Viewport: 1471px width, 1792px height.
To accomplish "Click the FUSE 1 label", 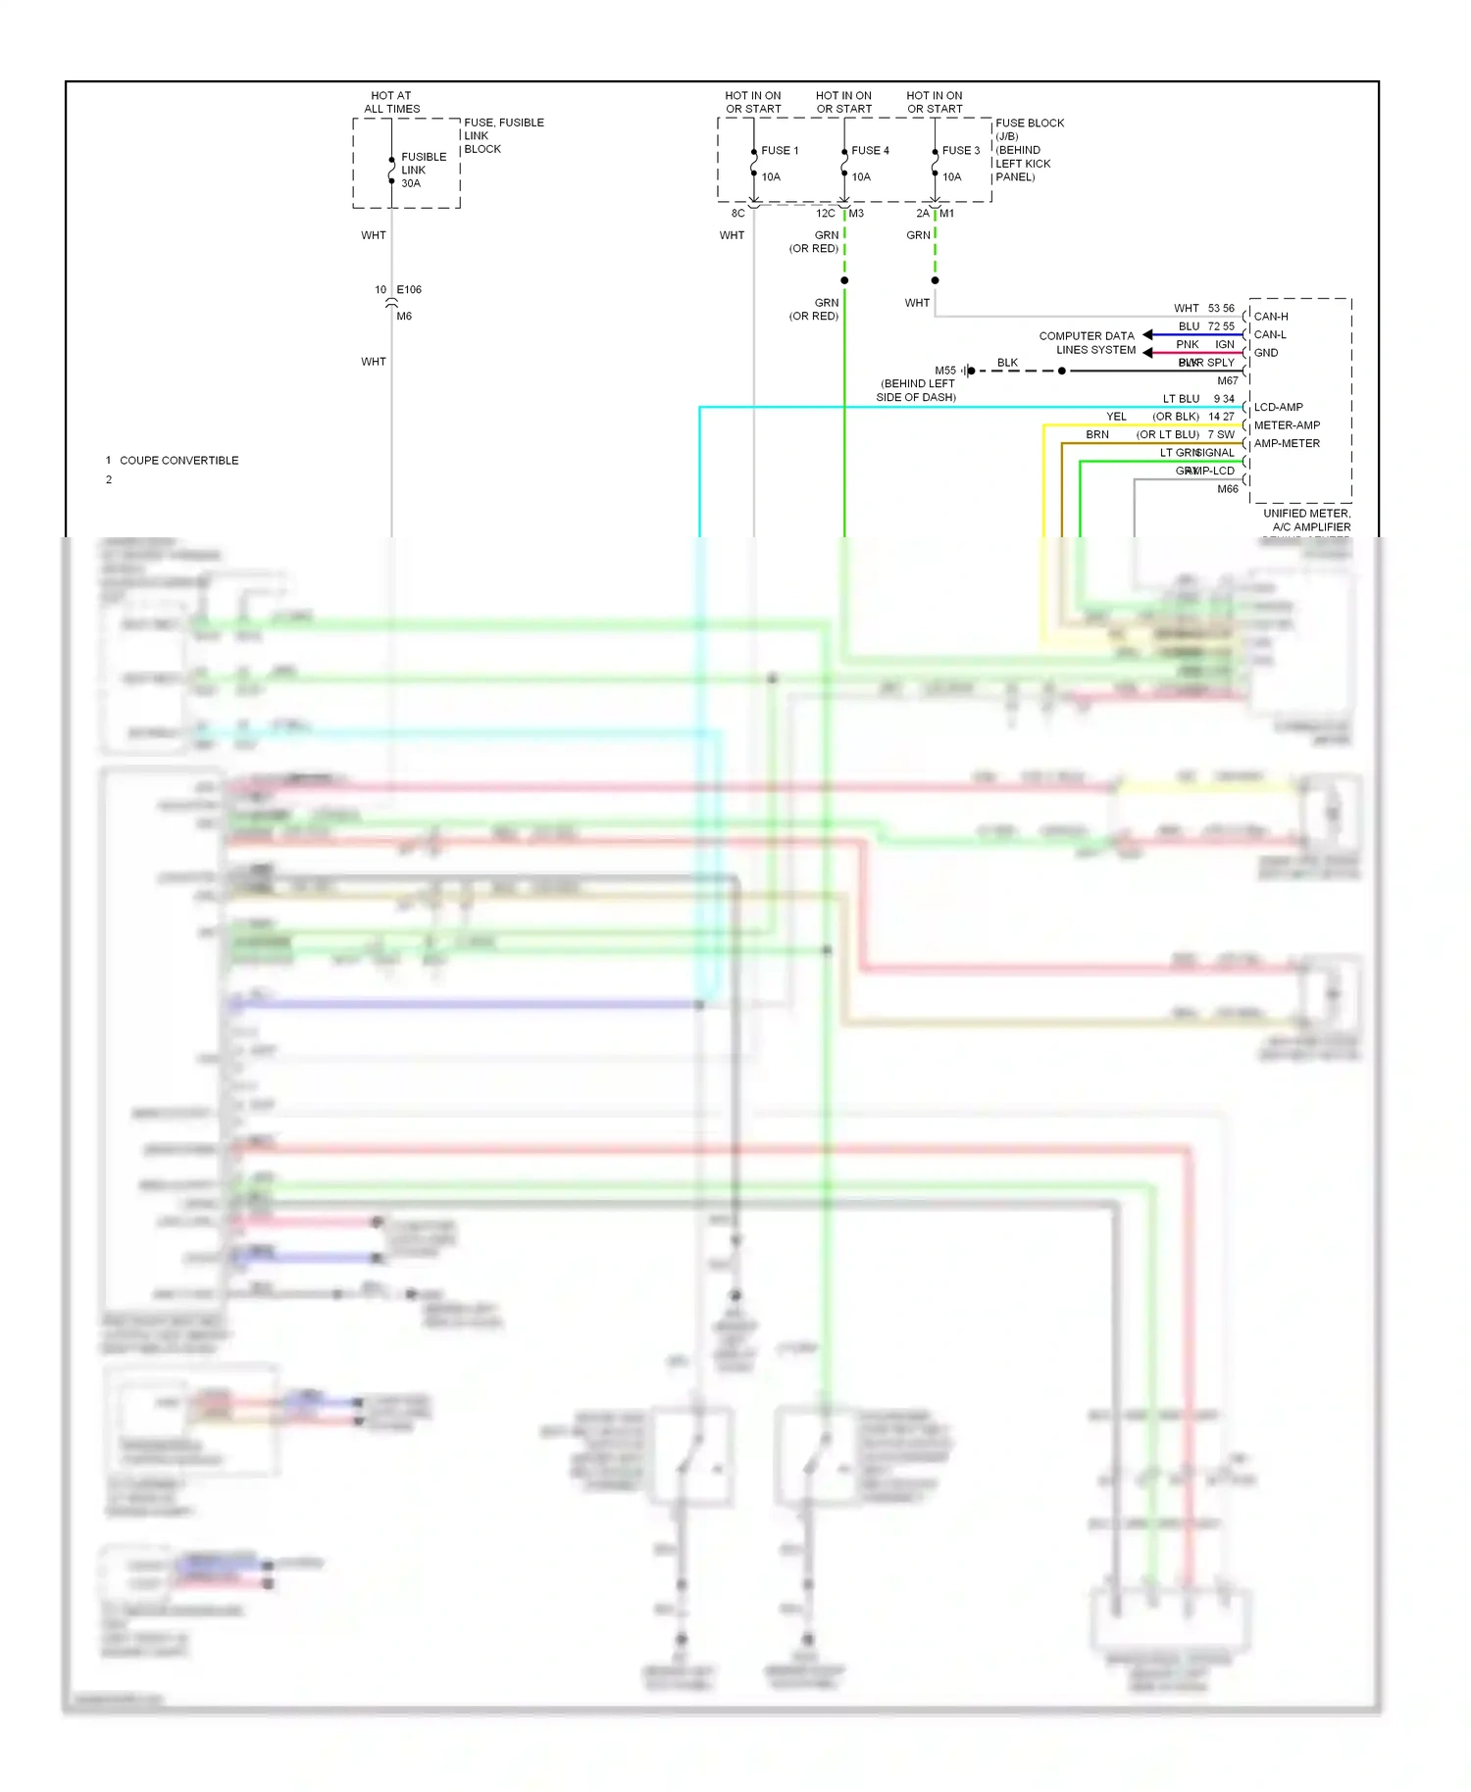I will pyautogui.click(x=780, y=150).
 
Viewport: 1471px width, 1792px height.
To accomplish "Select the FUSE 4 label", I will pyautogui.click(x=870, y=150).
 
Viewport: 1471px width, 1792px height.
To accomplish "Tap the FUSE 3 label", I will pyautogui.click(x=960, y=150).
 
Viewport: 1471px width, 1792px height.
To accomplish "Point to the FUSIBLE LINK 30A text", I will pyautogui.click(x=423, y=170).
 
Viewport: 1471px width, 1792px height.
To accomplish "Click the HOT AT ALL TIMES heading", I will pyautogui.click(x=391, y=102).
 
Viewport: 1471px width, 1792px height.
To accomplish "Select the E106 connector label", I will pyautogui.click(x=409, y=289).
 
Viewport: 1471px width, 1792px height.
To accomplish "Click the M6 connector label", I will pyautogui.click(x=404, y=316).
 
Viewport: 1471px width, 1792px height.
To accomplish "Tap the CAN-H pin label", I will pyautogui.click(x=1271, y=317).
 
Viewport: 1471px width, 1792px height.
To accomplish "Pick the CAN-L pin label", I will pyautogui.click(x=1270, y=334).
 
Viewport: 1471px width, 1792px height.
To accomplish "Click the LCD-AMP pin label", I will pyautogui.click(x=1278, y=407).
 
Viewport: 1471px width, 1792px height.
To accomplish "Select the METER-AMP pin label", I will pyautogui.click(x=1287, y=425).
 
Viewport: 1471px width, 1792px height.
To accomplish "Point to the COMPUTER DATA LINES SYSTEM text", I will pyautogui.click(x=1088, y=342).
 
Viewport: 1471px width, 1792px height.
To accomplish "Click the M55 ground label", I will pyautogui.click(x=944, y=371).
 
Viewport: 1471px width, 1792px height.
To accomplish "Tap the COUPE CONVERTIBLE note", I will pyautogui.click(x=178, y=460).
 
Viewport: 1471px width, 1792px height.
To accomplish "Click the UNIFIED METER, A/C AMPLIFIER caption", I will pyautogui.click(x=1306, y=520).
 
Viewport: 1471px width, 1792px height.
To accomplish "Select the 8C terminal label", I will pyautogui.click(x=737, y=213).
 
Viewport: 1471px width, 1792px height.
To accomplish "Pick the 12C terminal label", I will pyautogui.click(x=825, y=213).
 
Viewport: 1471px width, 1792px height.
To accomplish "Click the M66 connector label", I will pyautogui.click(x=1227, y=488).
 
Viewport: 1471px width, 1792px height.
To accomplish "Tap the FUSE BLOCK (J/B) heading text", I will pyautogui.click(x=1029, y=128).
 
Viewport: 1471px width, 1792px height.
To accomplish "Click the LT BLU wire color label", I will pyautogui.click(x=1181, y=399).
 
